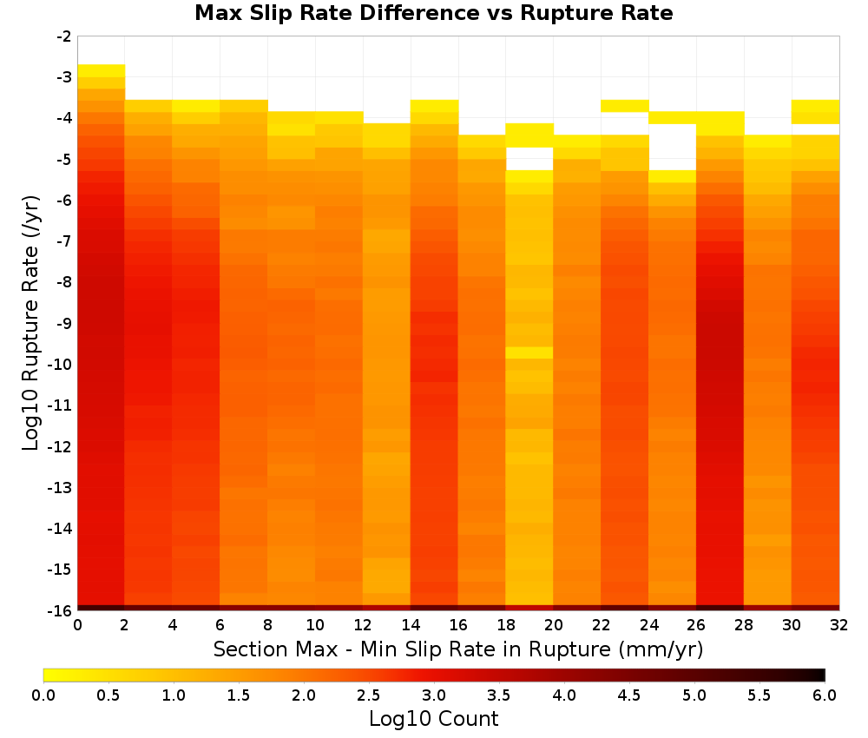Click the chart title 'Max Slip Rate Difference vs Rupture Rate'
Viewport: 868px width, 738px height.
433,13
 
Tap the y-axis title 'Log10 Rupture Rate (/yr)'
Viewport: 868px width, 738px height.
31,323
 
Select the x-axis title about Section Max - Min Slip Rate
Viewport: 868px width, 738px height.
457,649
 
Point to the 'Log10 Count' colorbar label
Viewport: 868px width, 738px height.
433,719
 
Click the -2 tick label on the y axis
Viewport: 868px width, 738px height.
64,37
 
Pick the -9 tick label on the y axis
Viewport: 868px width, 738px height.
64,323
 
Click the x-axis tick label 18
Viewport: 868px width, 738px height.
506,626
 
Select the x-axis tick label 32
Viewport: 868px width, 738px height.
839,626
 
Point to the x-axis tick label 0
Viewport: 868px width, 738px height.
77,626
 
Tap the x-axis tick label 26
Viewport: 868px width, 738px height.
696,626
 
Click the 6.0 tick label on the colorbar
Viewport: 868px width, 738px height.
825,695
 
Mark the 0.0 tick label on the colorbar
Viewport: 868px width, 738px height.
43,695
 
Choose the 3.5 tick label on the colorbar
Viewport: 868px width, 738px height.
499,695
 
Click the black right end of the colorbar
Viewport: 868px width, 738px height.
822,675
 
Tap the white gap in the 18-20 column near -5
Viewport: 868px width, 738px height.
529,159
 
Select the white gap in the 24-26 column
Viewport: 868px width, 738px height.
673,148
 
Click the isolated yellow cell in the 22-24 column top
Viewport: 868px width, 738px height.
625,106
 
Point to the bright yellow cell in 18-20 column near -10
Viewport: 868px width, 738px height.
529,353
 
